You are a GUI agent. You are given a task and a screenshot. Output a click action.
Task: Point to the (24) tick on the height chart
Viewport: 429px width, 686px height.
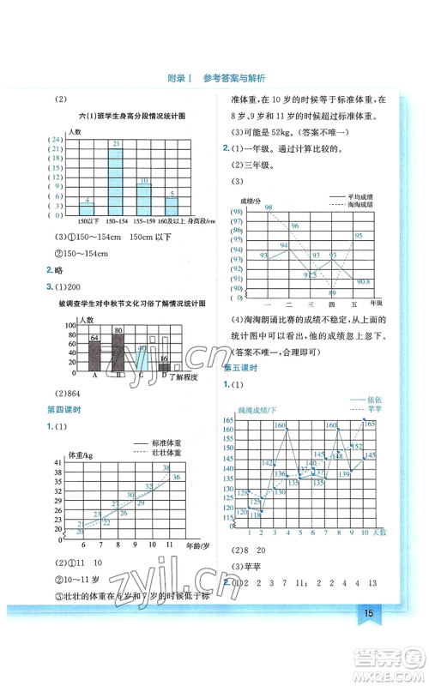[56, 139]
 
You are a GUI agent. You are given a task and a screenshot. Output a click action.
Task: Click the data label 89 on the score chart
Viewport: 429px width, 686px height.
[332, 292]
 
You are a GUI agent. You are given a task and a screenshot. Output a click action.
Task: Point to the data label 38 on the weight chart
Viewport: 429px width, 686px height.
[166, 467]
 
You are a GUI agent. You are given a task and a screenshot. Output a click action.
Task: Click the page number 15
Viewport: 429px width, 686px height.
[367, 636]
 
